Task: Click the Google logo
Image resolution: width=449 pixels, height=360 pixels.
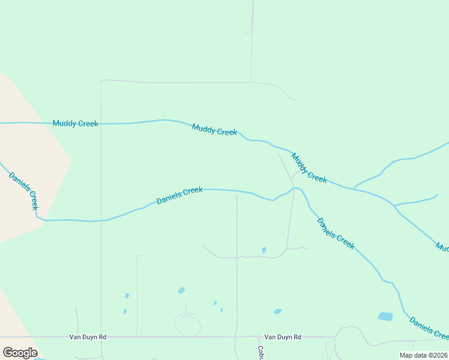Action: click(19, 352)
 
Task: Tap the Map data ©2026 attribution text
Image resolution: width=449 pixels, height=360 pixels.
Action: click(424, 355)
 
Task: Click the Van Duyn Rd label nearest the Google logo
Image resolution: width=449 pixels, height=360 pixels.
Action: click(88, 337)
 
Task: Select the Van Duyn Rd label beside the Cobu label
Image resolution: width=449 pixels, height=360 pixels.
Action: click(283, 337)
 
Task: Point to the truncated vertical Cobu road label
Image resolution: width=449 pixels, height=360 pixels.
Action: click(261, 352)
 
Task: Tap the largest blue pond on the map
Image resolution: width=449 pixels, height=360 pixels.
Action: click(385, 316)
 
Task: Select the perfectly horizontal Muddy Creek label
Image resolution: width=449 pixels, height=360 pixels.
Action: click(75, 124)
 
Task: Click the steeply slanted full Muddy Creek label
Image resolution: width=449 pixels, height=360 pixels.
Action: click(309, 168)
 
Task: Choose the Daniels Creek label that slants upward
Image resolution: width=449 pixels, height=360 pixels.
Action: click(179, 196)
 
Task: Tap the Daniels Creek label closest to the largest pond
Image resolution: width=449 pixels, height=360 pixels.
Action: click(429, 328)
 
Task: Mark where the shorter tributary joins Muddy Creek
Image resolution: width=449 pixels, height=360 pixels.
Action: click(394, 205)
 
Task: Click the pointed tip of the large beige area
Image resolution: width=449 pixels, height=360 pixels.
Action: click(71, 159)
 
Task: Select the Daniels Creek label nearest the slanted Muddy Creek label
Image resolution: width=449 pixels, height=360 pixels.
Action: click(336, 233)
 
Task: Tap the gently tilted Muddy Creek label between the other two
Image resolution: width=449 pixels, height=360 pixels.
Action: click(214, 129)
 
